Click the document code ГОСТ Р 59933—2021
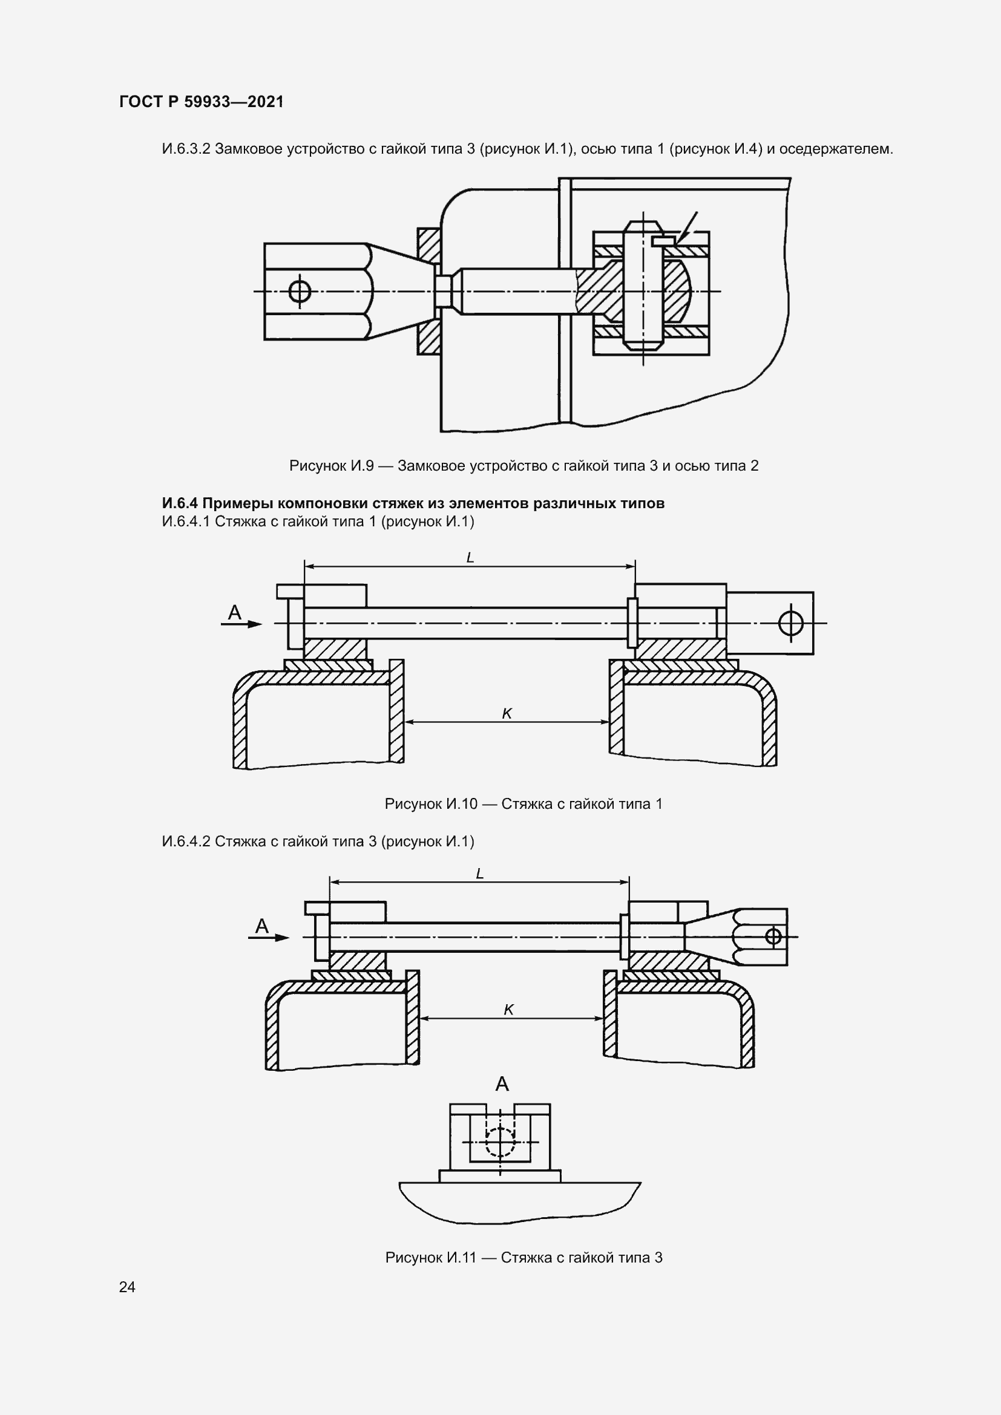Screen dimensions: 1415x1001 (202, 102)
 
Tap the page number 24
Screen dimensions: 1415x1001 (127, 1287)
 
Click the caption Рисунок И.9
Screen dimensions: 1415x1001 (523, 466)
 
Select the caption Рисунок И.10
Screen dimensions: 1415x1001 (523, 803)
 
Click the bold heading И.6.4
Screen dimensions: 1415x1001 (413, 503)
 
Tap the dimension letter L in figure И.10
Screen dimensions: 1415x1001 (470, 558)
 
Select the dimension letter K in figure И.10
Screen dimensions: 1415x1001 (507, 714)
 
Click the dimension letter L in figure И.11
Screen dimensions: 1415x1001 (480, 874)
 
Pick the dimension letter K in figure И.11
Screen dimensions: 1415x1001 (508, 1010)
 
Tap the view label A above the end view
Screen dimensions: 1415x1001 (502, 1084)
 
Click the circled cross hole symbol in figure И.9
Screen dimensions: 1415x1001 (300, 291)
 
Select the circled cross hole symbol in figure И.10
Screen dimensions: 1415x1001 (791, 623)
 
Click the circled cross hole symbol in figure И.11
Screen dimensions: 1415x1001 (773, 936)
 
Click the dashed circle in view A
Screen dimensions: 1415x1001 (500, 1142)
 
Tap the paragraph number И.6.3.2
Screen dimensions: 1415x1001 (186, 149)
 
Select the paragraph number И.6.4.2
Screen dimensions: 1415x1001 (186, 842)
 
